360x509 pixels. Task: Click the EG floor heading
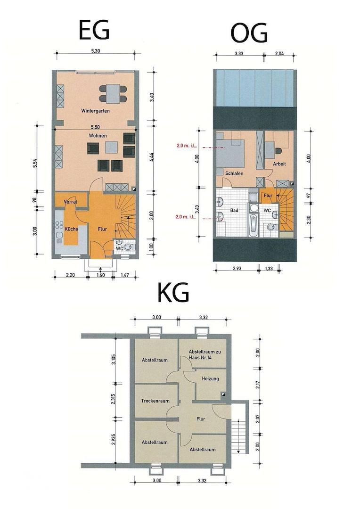(x=94, y=30)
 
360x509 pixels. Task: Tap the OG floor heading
(x=249, y=33)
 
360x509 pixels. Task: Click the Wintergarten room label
(x=96, y=111)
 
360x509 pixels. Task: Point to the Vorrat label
(x=70, y=202)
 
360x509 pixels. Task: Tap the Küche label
(x=72, y=229)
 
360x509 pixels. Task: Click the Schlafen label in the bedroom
(x=234, y=173)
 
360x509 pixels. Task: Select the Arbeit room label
(x=279, y=164)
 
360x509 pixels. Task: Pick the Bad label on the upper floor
(x=234, y=210)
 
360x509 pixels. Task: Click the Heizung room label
(x=210, y=378)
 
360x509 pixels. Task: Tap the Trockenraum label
(x=155, y=401)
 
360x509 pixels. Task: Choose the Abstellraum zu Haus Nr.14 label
(x=205, y=354)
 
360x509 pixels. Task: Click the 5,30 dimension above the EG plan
(x=96, y=50)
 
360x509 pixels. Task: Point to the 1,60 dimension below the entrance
(x=100, y=275)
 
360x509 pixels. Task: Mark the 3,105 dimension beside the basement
(x=113, y=359)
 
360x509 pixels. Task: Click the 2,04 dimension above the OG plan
(x=279, y=53)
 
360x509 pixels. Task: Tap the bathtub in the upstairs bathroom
(x=253, y=225)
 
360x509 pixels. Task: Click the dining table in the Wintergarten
(x=112, y=93)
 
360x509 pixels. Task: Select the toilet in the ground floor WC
(x=129, y=247)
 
